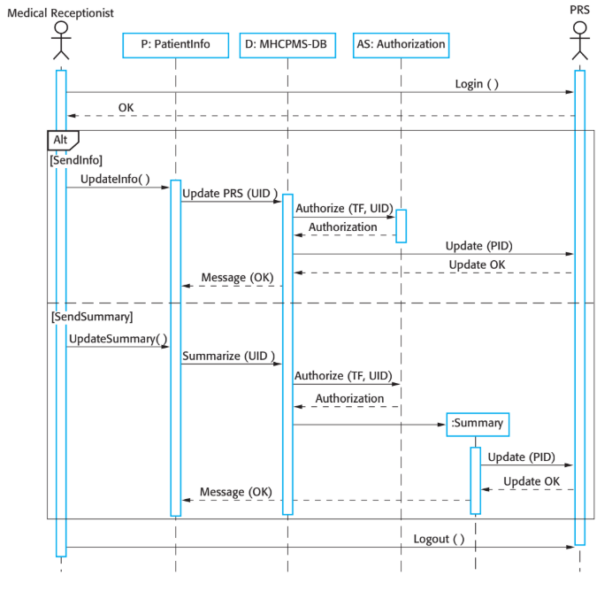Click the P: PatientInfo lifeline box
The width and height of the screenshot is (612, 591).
pos(175,44)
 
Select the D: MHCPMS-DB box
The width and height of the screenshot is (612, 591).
pos(287,44)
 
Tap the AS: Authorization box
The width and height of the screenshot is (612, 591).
pos(400,44)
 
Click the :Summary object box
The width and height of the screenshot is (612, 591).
pos(478,424)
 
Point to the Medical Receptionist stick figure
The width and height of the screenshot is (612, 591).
pos(60,39)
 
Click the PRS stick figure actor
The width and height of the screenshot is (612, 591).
pos(579,39)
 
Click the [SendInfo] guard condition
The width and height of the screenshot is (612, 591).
pos(77,160)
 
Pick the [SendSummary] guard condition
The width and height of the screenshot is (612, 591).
pos(92,316)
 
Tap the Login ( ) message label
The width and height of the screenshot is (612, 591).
pos(477,84)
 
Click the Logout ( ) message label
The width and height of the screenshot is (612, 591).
pos(439,539)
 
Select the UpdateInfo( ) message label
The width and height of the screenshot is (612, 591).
pos(115,180)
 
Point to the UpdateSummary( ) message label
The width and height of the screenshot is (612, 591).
pos(118,339)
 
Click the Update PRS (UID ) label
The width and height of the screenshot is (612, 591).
pos(230,194)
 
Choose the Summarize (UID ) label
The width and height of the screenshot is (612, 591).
pos(229,356)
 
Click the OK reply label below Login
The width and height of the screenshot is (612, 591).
pos(126,108)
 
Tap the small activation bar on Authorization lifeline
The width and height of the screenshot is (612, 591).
pos(401,226)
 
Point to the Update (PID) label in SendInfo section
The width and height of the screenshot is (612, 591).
pos(478,246)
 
